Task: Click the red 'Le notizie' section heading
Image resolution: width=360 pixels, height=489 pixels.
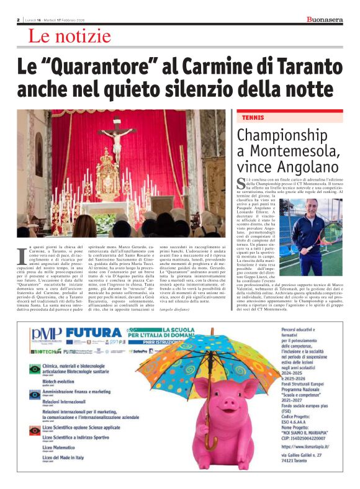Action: pos(67,37)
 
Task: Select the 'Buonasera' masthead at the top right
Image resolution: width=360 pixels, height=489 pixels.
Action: pos(325,20)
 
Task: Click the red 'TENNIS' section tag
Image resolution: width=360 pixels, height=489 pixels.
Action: pos(248,117)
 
